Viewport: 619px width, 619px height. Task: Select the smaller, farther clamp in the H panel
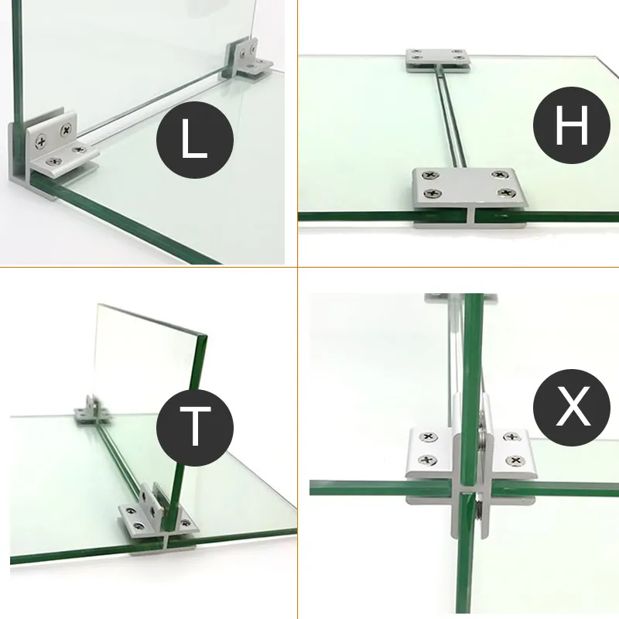pyautogui.click(x=438, y=58)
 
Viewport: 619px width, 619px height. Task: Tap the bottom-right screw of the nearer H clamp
pyautogui.click(x=505, y=193)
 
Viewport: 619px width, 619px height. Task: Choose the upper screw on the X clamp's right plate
pyautogui.click(x=511, y=439)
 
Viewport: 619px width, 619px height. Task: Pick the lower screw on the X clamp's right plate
pyautogui.click(x=512, y=462)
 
